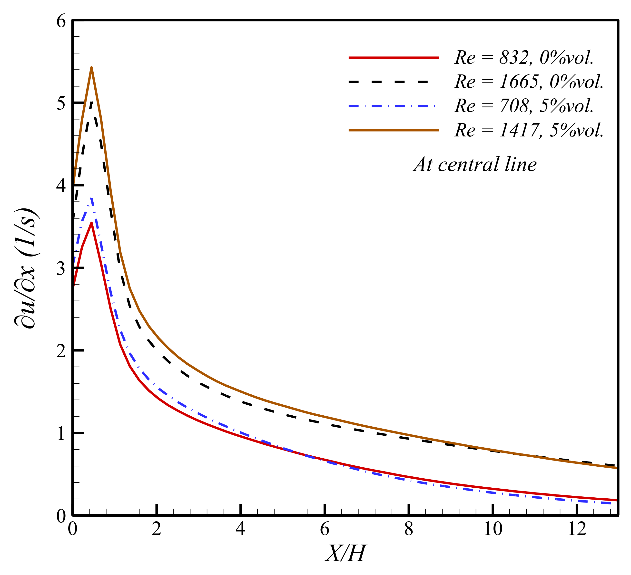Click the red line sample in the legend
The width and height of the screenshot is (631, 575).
pos(394,57)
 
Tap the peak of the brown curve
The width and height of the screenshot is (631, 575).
pos(91,67)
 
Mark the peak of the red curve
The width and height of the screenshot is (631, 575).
pos(91,223)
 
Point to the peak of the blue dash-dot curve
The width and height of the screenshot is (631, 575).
pos(91,199)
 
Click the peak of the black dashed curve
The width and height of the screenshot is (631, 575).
pos(91,102)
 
